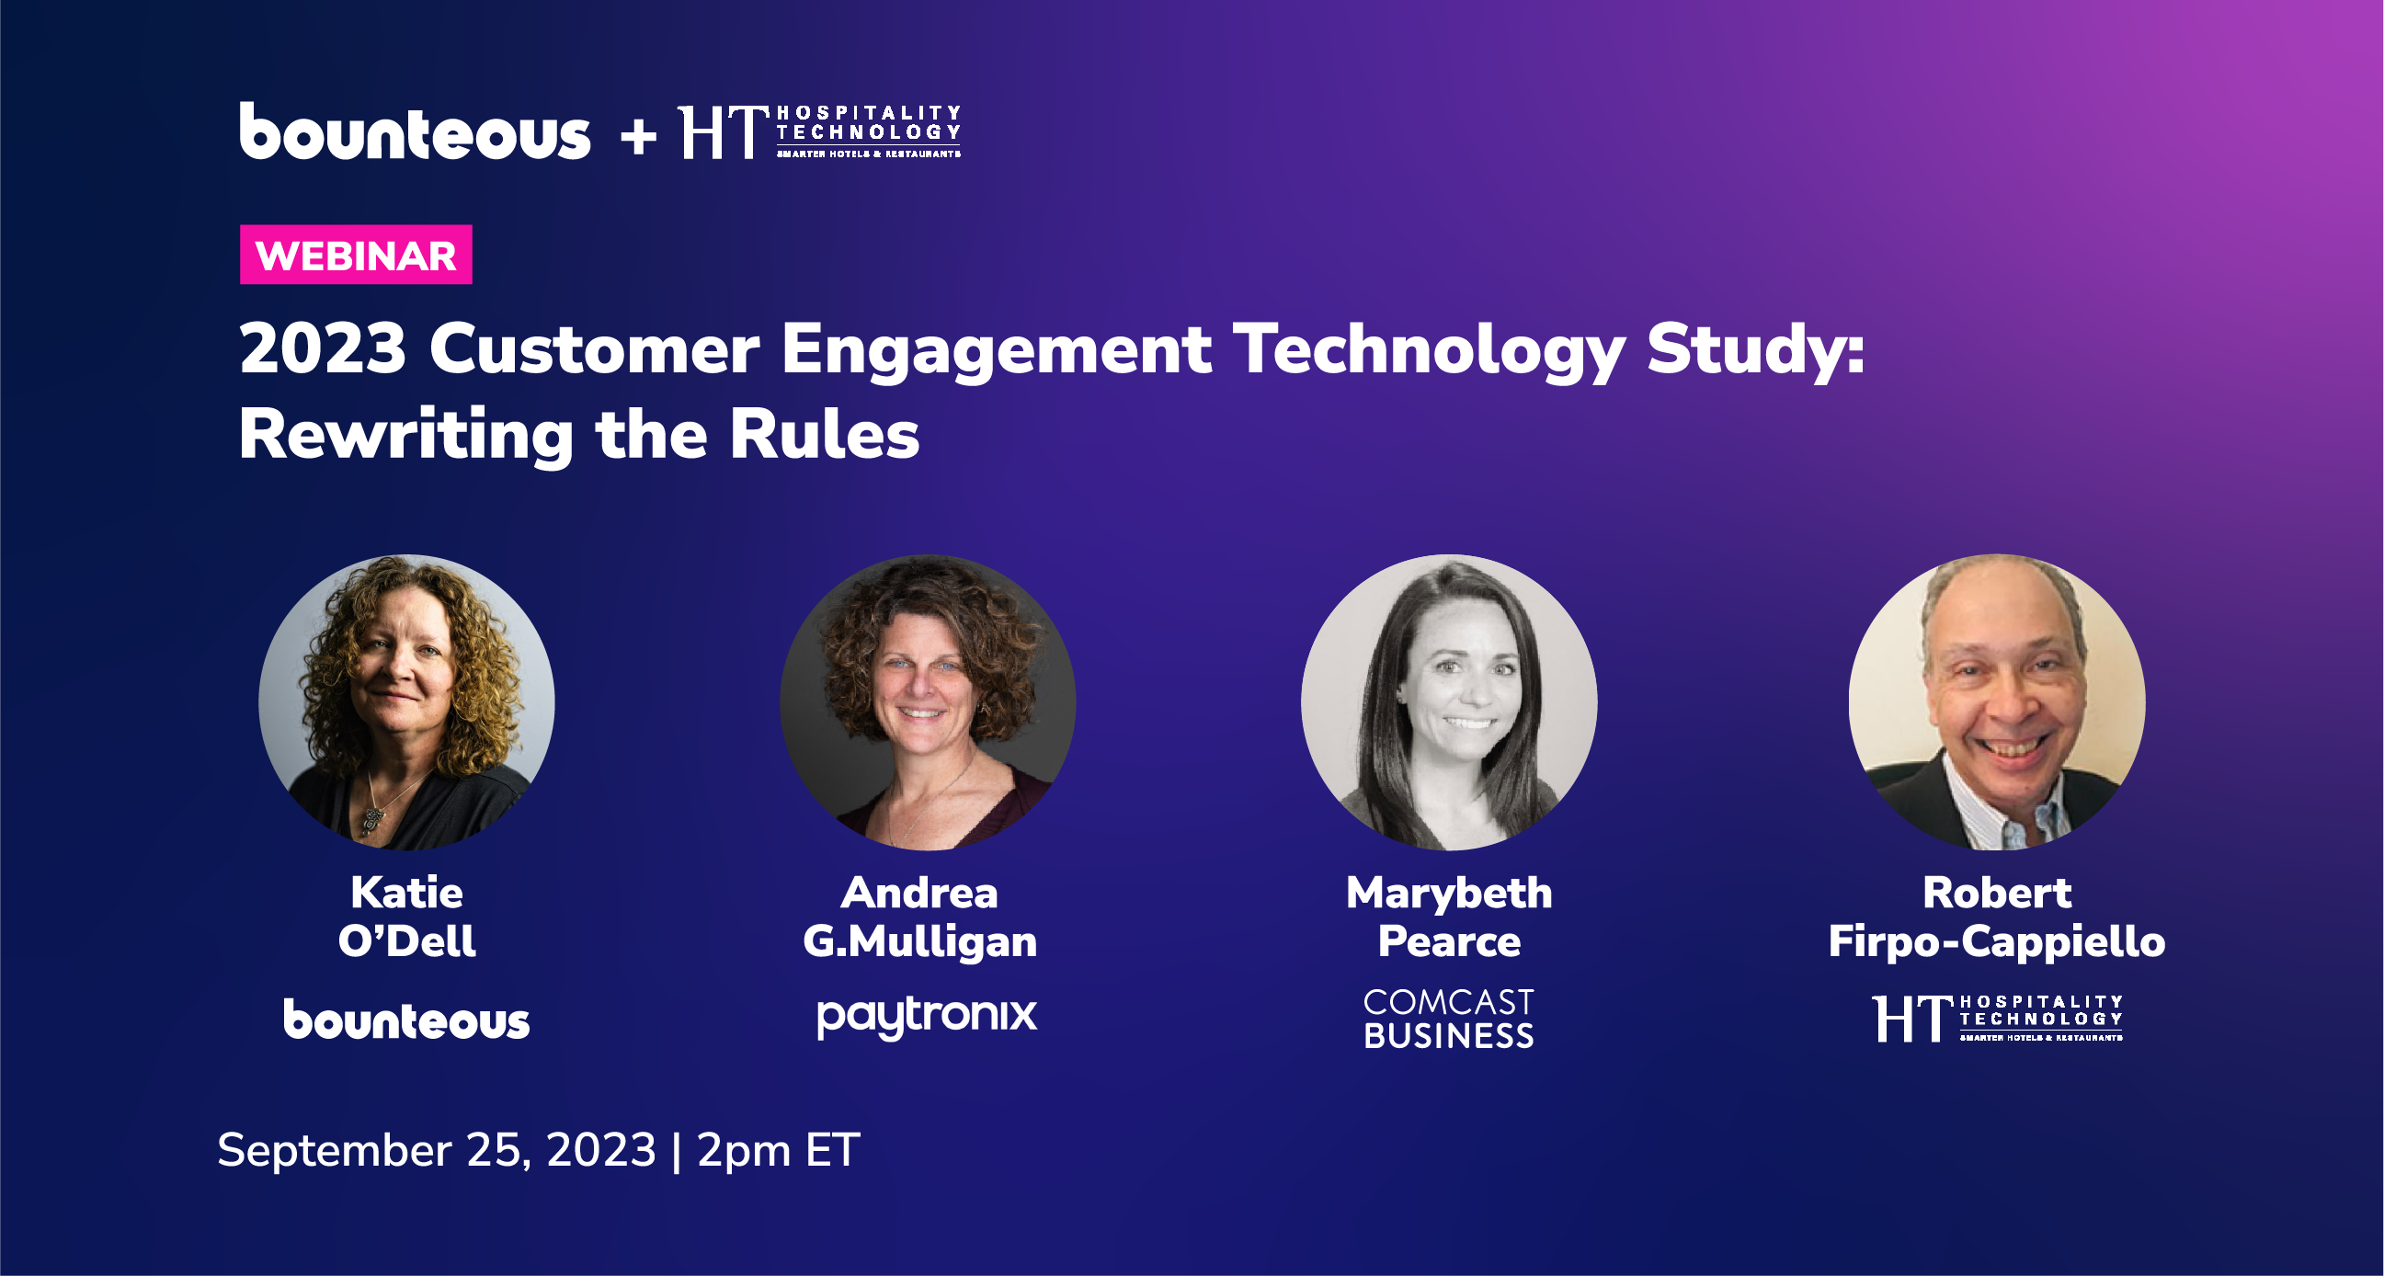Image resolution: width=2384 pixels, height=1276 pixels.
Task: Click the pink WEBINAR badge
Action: coord(356,255)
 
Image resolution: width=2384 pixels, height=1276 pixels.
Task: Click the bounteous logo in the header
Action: coord(415,132)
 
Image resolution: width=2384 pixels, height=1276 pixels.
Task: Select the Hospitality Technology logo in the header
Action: coord(820,132)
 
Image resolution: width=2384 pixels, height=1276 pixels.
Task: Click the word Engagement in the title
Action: coord(996,350)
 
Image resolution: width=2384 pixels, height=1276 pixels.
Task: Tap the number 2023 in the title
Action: coord(323,350)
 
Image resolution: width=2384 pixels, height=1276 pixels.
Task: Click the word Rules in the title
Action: coord(824,435)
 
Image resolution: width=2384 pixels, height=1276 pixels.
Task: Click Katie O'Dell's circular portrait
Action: coord(406,702)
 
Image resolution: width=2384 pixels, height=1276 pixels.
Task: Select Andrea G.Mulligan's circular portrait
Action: coord(928,702)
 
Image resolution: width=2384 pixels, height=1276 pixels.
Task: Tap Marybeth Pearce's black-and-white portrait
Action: coord(1448,702)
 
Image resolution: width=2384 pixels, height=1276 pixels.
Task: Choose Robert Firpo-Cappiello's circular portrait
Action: coord(1996,702)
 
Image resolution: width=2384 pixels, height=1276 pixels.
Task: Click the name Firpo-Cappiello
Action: coord(1996,942)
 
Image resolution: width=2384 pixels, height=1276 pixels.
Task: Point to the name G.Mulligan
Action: coord(920,942)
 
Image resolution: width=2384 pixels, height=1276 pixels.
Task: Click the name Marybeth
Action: coord(1448,893)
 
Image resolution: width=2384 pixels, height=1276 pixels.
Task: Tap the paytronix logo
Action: coord(927,1017)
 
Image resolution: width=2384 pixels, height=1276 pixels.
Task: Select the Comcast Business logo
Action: coord(1448,1019)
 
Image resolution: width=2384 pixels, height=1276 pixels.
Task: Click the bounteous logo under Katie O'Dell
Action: coord(406,1020)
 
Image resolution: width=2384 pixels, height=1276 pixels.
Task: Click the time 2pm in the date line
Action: coord(744,1150)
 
